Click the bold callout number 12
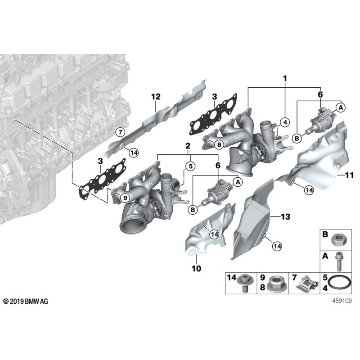[156, 96]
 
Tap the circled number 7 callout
[119, 132]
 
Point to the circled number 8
[219, 144]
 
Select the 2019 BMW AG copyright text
[26, 300]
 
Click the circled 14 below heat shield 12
[134, 153]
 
